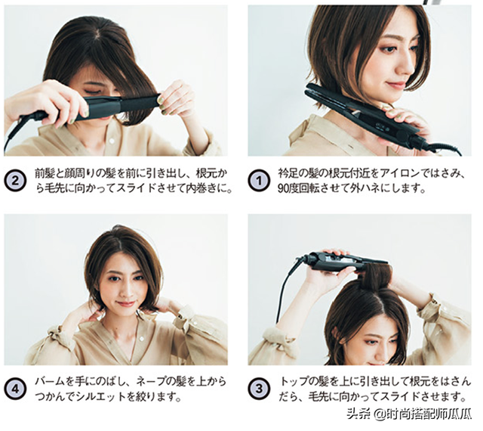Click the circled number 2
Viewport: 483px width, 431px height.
(x=14, y=181)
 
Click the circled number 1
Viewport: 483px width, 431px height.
(x=258, y=181)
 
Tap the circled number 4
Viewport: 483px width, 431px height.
(x=14, y=389)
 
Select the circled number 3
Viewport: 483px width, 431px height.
(x=258, y=389)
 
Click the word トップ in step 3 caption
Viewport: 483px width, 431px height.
(x=293, y=382)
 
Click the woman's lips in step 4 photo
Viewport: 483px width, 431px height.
(x=126, y=303)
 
